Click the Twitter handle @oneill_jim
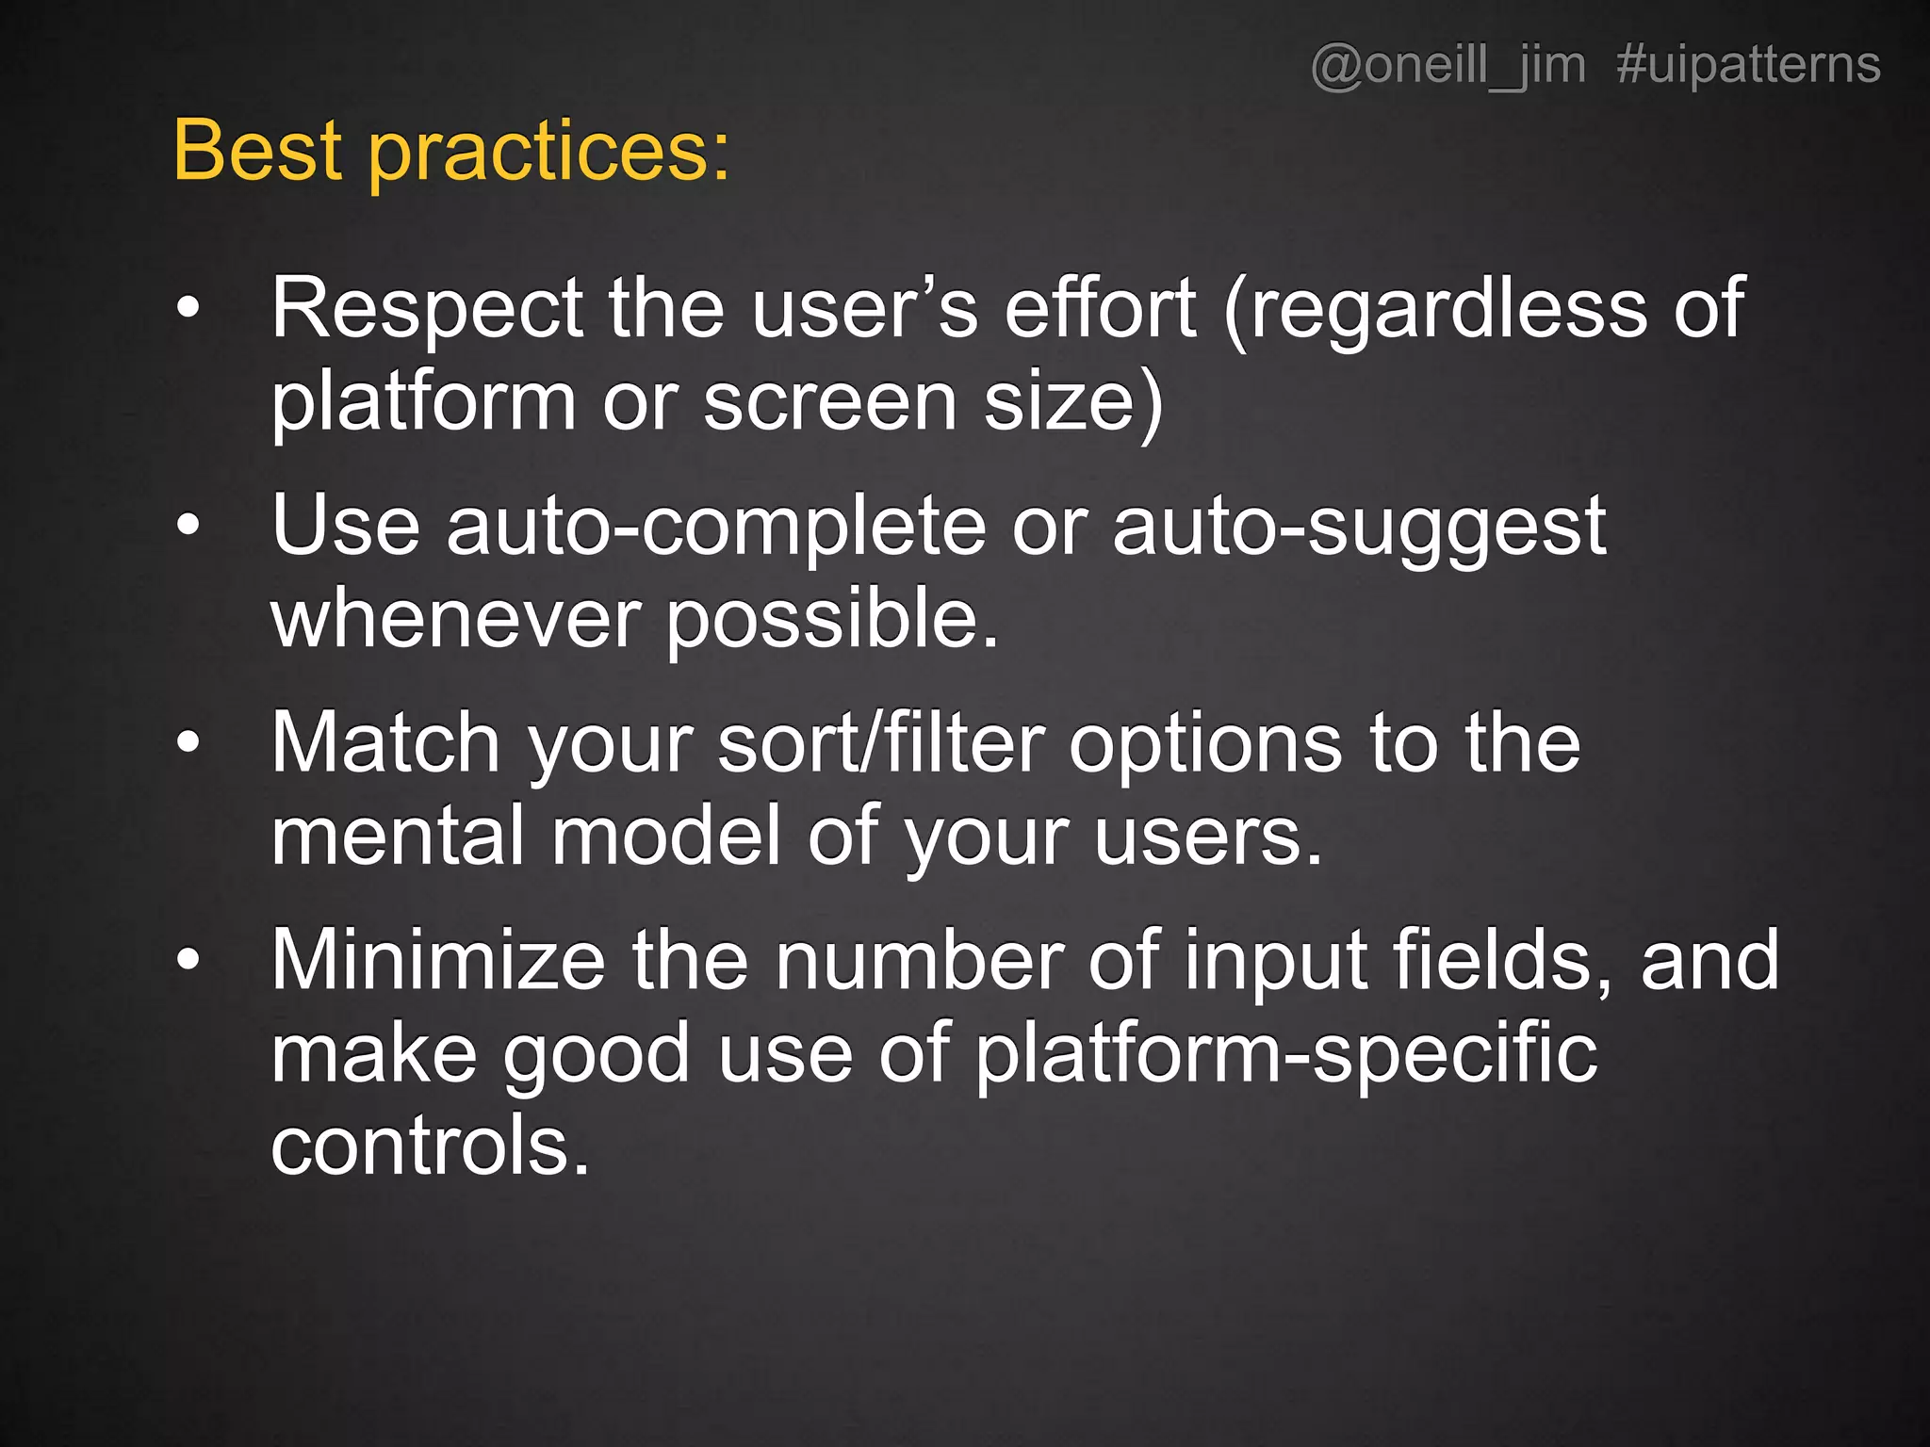click(1447, 66)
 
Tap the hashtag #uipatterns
click(1748, 66)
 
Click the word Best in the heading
click(256, 151)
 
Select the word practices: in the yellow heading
click(549, 155)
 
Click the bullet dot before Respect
click(188, 308)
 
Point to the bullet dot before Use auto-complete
click(188, 526)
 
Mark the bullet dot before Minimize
click(188, 960)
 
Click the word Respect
click(427, 311)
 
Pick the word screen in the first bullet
click(830, 403)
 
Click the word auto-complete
click(716, 528)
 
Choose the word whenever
click(456, 622)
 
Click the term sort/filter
click(881, 744)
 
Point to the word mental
click(397, 837)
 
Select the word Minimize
click(438, 961)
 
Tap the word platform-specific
click(1285, 1055)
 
